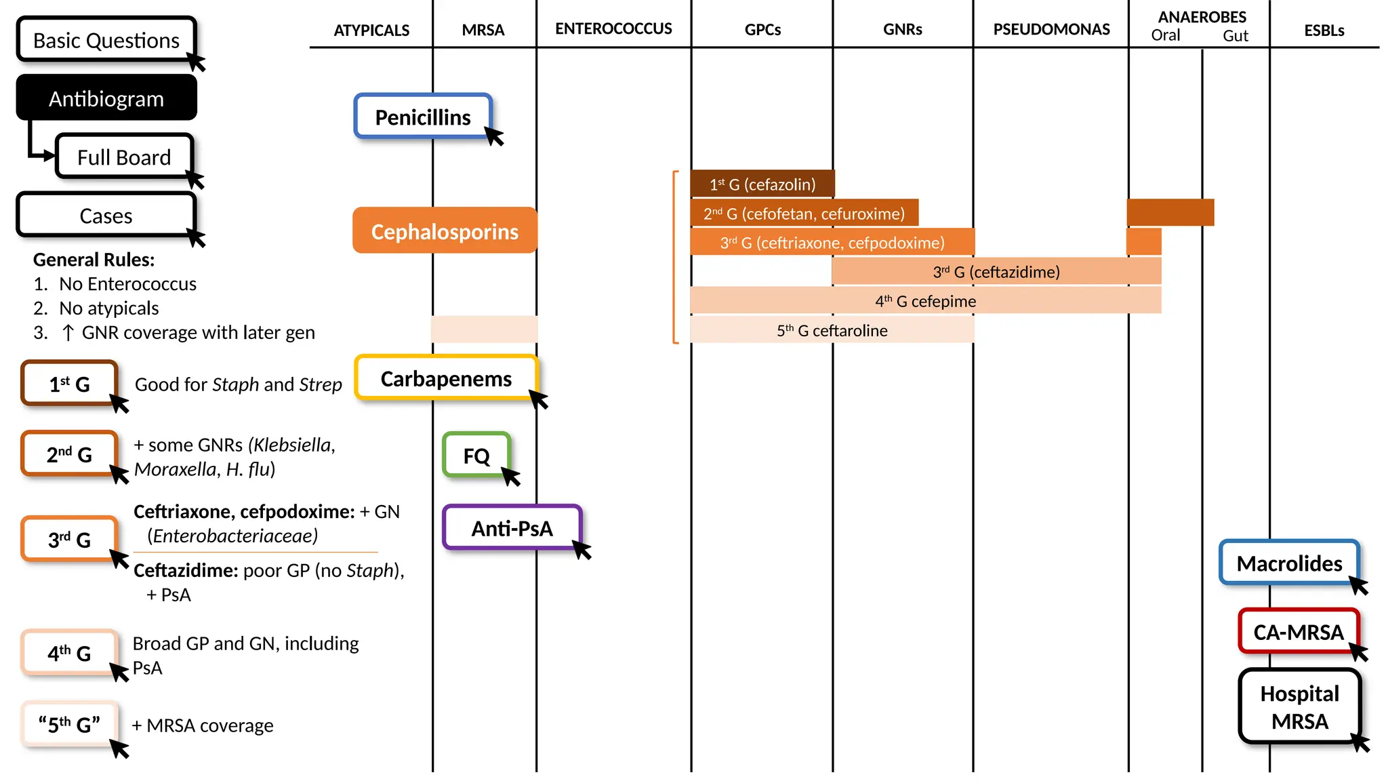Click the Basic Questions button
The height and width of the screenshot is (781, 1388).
pos(106,40)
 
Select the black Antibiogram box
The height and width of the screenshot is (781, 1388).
pos(106,98)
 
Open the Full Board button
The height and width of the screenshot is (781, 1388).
pos(124,157)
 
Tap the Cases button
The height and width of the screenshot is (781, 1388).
pos(106,215)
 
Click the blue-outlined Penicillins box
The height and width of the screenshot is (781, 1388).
pos(423,117)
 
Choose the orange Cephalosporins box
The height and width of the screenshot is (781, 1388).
pos(445,231)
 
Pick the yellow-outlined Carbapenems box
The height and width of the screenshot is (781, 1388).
pos(446,378)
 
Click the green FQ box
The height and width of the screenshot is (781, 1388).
pos(476,455)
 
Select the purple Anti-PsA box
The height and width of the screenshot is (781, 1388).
pos(512,527)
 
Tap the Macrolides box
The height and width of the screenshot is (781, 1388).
pos(1289,563)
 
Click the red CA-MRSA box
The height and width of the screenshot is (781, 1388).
pos(1299,631)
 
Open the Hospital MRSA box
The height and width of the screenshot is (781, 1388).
pos(1299,706)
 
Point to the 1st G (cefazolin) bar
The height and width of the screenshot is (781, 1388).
pos(762,184)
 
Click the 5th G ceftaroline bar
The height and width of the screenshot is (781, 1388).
pos(832,330)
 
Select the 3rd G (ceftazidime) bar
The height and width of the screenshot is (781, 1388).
pos(996,271)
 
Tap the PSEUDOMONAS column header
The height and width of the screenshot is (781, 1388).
pos(1051,29)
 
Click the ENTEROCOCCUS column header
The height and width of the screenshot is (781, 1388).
pos(613,28)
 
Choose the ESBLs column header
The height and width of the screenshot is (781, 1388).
pos(1324,31)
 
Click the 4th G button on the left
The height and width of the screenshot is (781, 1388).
pos(69,653)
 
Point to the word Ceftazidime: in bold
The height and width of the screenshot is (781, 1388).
pos(186,570)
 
